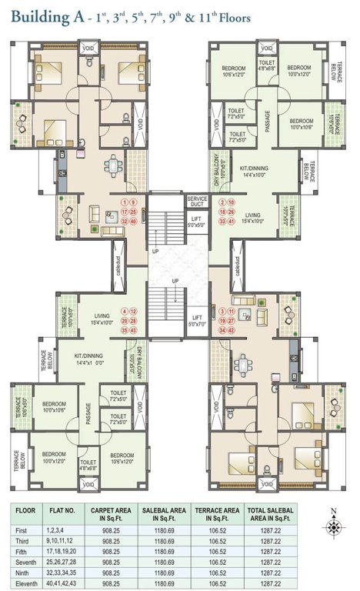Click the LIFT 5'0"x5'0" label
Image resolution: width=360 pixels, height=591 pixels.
pos(197,222)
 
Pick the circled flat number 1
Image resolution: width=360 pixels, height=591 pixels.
pos(122,202)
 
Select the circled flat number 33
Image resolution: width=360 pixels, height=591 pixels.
pos(222,221)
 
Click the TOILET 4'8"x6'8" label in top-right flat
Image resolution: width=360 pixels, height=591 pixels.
pos(267,65)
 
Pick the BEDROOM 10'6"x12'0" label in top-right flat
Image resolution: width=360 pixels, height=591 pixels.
pos(232,71)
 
